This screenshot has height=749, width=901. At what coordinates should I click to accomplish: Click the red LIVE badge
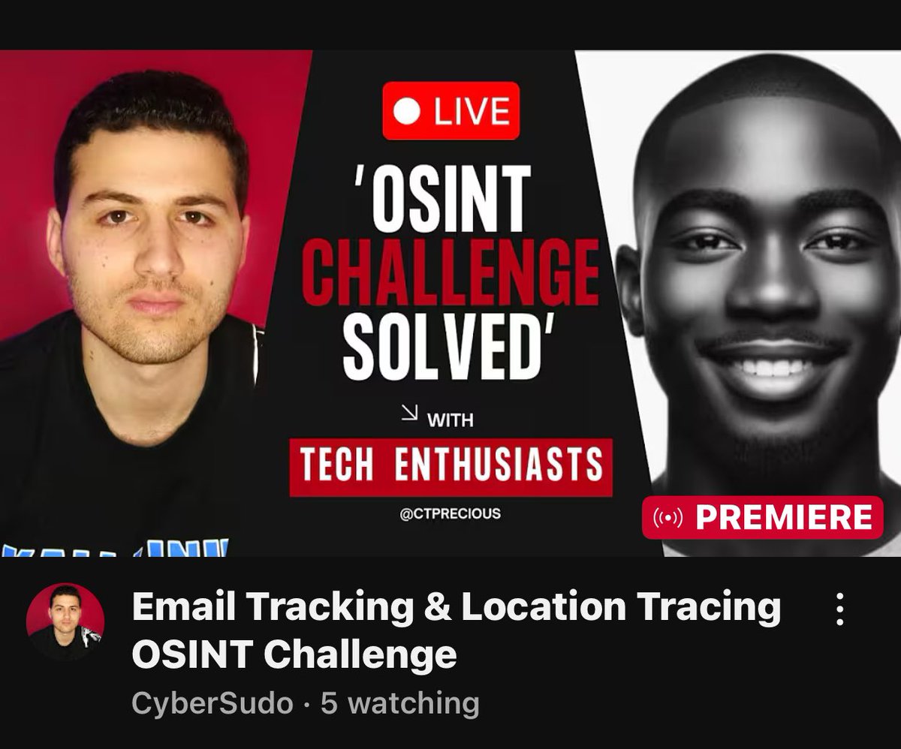point(450,111)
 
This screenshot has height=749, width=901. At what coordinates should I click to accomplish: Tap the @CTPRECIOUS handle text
point(450,515)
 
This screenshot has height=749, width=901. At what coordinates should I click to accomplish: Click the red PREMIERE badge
point(762,518)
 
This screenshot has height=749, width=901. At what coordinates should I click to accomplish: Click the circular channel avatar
point(65,621)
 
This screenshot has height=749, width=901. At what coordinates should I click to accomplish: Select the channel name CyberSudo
point(212,703)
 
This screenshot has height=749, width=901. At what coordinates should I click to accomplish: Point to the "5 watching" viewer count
point(399,703)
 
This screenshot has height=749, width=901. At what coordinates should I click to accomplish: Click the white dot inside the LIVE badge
point(409,112)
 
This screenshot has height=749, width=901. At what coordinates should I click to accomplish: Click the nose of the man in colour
point(160,259)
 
